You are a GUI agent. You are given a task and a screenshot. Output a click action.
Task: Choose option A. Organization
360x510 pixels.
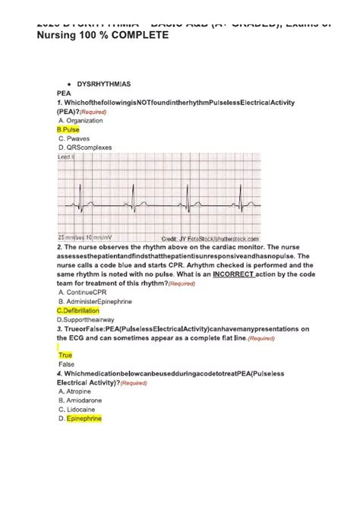(81, 120)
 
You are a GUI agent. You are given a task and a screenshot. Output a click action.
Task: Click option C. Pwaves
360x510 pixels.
(74, 139)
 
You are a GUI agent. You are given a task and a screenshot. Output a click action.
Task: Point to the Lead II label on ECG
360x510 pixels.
(68, 157)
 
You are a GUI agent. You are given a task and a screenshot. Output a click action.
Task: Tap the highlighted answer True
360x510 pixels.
(65, 355)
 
